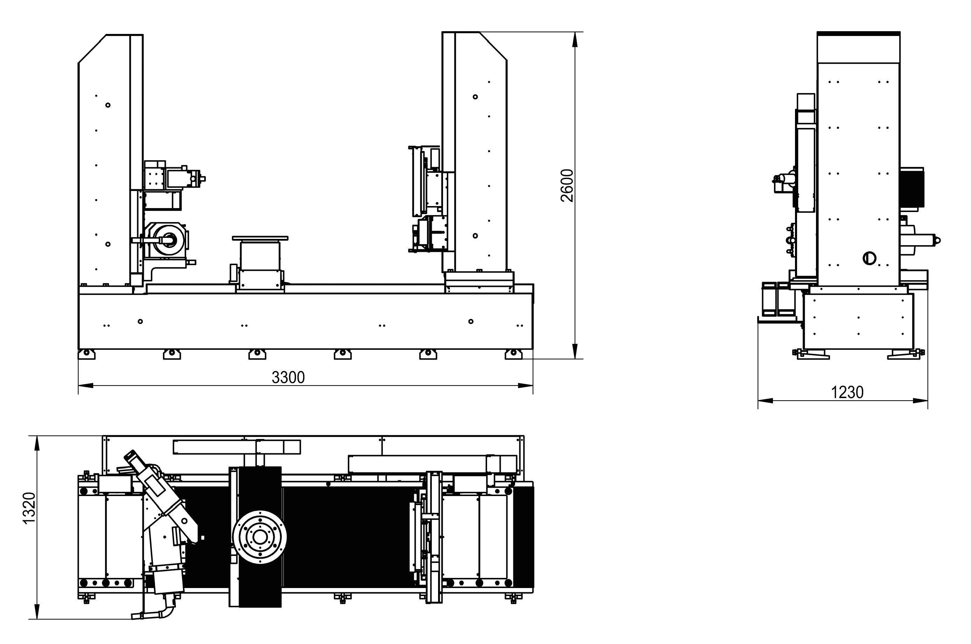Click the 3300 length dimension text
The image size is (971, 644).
(x=288, y=377)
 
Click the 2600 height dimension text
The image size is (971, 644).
(x=567, y=186)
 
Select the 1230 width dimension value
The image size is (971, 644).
(x=847, y=392)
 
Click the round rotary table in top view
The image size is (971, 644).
(x=259, y=537)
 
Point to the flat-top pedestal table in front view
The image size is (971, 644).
(x=260, y=238)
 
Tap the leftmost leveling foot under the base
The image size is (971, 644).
(x=86, y=354)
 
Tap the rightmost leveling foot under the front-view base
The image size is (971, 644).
(x=513, y=354)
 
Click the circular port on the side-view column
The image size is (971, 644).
(x=870, y=258)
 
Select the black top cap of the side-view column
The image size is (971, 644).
(x=858, y=33)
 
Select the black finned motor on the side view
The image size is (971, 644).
(x=912, y=187)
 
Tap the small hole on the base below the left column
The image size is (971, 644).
(x=140, y=321)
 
